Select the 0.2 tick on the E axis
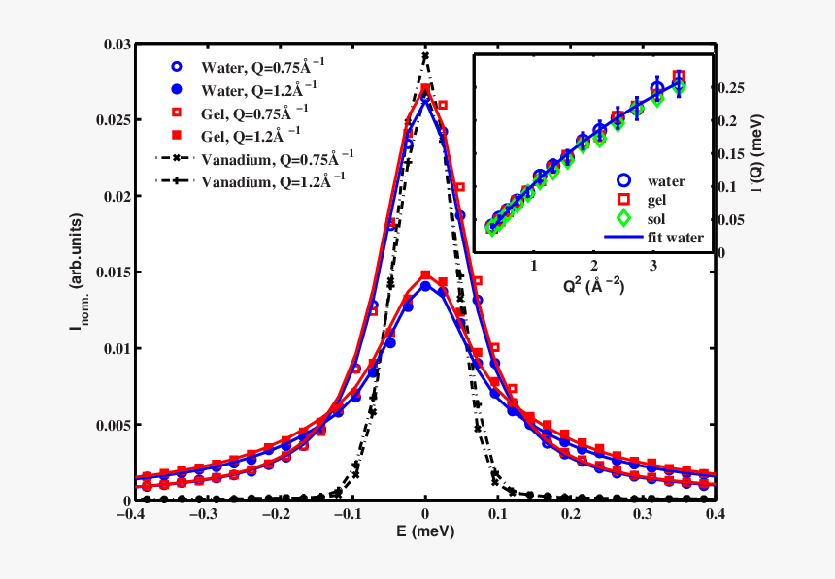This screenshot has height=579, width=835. pyautogui.click(x=572, y=514)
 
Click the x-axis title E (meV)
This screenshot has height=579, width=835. pyautogui.click(x=424, y=532)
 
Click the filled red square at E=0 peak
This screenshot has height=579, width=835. pyautogui.click(x=425, y=275)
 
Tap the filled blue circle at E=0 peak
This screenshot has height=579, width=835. pyautogui.click(x=425, y=286)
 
